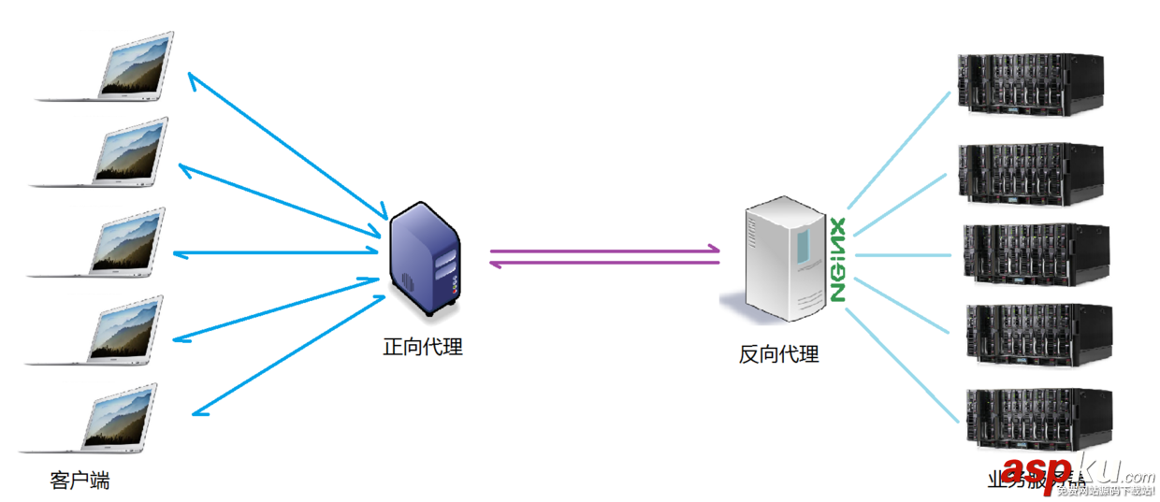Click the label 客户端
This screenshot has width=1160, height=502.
click(80, 481)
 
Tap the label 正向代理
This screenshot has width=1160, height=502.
click(423, 347)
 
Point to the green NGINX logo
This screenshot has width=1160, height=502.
click(837, 259)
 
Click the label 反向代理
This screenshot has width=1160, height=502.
click(778, 354)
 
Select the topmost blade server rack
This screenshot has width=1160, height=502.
click(1029, 84)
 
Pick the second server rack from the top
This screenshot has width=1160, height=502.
click(1029, 173)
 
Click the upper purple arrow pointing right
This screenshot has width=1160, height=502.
click(604, 251)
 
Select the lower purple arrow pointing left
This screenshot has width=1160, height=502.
click(604, 264)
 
